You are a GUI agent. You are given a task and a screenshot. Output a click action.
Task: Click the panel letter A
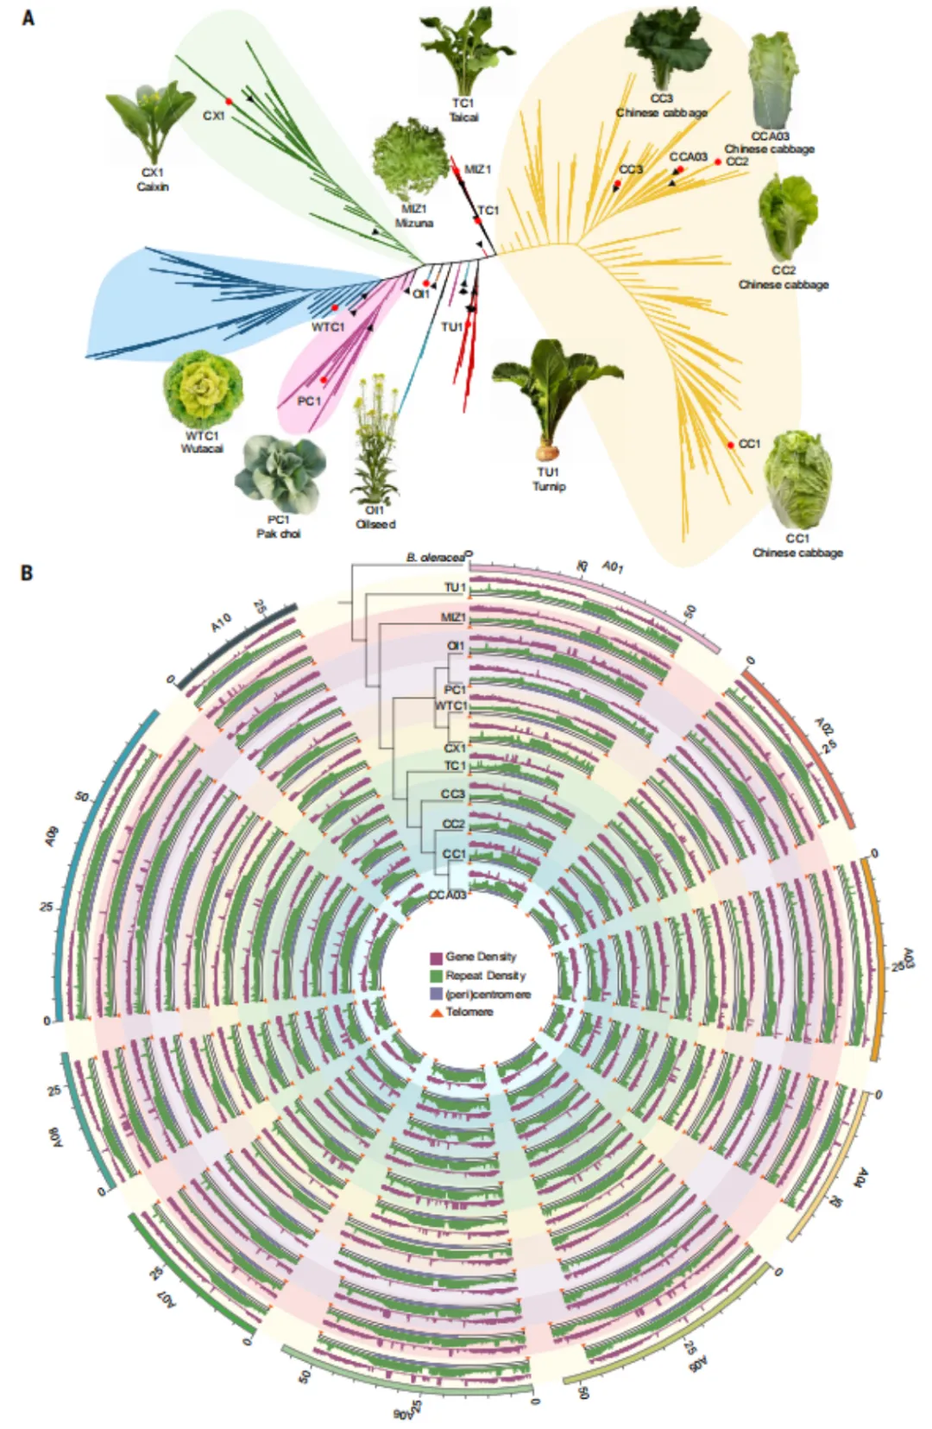[x=28, y=18]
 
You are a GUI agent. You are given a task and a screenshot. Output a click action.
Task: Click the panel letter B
[x=28, y=572]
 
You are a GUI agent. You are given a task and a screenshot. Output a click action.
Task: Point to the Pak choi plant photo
[x=280, y=474]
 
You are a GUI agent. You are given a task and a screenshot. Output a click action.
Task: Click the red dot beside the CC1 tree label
[x=731, y=445]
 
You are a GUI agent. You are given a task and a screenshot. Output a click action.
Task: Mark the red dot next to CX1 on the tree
[x=230, y=102]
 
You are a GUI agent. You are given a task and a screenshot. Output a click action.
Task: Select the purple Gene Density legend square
[x=436, y=958]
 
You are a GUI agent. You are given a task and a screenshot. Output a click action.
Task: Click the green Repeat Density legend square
[x=436, y=977]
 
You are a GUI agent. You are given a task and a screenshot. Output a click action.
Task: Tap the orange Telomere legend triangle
[x=436, y=1012]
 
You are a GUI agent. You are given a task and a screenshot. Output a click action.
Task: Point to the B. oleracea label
[x=435, y=558]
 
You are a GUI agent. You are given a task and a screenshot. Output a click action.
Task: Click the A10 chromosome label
[x=221, y=623]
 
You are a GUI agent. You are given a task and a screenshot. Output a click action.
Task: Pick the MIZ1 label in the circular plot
[x=453, y=617]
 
